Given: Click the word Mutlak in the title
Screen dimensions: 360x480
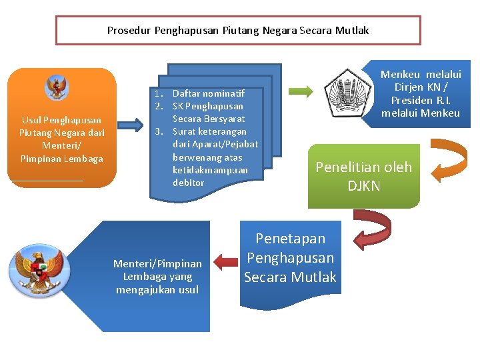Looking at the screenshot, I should pos(352,31).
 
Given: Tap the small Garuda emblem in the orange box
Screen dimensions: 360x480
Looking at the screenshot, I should pos(57,87).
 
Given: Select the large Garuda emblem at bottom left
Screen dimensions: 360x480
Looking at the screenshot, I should pos(39,270).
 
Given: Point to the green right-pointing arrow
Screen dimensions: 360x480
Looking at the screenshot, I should pos(301,91).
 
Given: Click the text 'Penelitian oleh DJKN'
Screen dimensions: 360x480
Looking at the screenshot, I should pos(363,176).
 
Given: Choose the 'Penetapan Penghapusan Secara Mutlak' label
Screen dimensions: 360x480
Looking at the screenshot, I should pos(290,258).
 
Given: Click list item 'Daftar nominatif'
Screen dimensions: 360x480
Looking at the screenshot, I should pos(209,93).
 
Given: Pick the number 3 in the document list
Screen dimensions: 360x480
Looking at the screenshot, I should pos(159,131).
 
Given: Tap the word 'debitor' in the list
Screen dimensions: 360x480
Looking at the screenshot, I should pos(189,183).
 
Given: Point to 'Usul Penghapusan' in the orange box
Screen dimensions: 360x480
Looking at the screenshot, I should pos(61,120).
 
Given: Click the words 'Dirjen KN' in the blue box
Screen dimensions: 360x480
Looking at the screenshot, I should pos(416,87).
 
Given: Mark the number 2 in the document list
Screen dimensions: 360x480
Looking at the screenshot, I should pos(159,106).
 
